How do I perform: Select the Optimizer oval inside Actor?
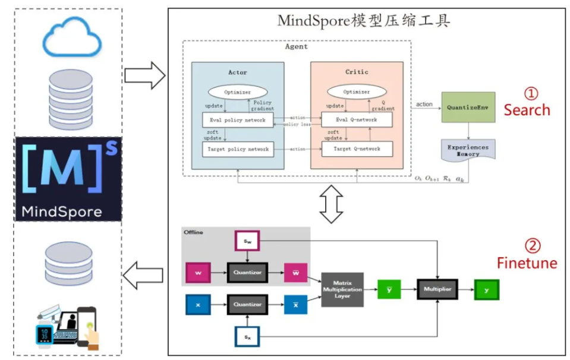coord(237,92)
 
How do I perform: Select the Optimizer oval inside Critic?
coord(357,92)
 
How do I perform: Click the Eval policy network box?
coord(237,119)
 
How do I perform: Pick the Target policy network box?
coord(237,149)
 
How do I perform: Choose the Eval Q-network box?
coord(357,119)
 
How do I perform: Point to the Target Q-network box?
coord(357,149)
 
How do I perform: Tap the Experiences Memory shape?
coord(468,150)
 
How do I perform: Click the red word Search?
coord(527,110)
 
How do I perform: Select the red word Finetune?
coord(527,263)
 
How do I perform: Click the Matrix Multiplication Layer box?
coord(342,289)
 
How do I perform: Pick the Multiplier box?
coord(438,289)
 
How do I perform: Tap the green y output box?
coord(486,289)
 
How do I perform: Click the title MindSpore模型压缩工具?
coord(364,21)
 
